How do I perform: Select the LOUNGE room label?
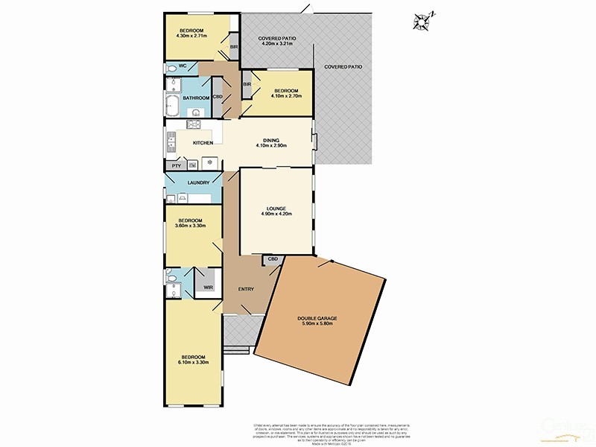click(276, 209)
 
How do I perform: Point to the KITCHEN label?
click(203, 143)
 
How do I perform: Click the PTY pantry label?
click(176, 165)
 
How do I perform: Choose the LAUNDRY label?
click(197, 183)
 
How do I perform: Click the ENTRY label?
click(246, 289)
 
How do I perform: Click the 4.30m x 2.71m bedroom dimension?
click(191, 35)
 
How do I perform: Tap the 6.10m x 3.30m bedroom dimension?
click(191, 362)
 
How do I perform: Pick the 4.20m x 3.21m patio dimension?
click(278, 43)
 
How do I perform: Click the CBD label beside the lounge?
click(273, 259)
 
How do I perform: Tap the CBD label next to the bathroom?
click(218, 97)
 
